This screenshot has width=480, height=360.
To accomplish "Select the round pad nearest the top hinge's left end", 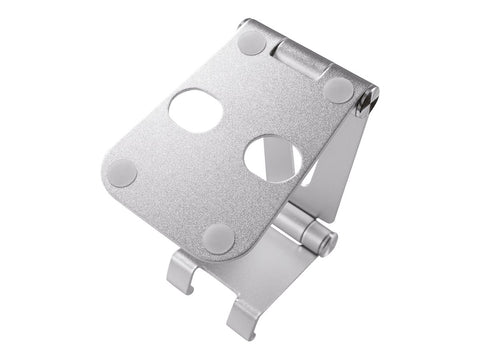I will (x=251, y=43).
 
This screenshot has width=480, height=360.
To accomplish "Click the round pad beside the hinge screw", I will (x=339, y=89).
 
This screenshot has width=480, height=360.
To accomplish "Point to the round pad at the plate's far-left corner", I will (x=123, y=171).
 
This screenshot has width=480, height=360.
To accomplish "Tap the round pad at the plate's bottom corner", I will (x=218, y=237).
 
